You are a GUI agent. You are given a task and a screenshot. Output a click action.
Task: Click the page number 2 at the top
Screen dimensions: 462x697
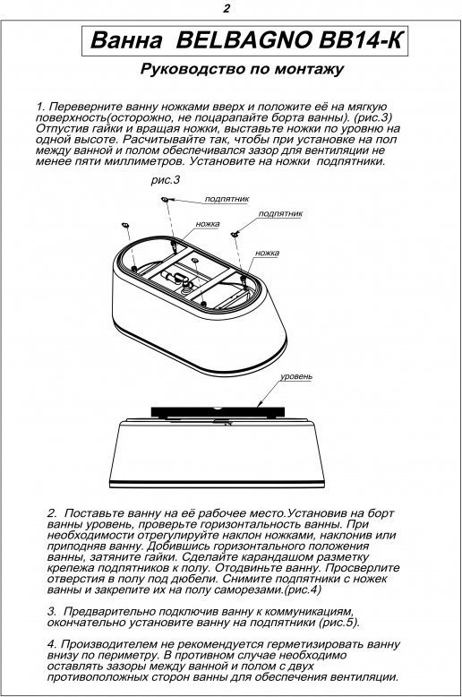click(227, 8)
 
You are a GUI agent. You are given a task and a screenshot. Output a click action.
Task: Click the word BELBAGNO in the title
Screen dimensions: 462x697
click(244, 40)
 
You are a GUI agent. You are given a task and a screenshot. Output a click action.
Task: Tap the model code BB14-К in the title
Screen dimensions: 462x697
click(360, 40)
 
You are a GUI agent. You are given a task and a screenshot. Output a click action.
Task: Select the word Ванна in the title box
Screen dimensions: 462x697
click(126, 41)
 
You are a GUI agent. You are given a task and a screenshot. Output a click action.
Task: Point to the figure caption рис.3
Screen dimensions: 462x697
click(166, 180)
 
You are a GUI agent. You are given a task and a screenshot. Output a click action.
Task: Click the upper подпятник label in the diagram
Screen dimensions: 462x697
click(227, 199)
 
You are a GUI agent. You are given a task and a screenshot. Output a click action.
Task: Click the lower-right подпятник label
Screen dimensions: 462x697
click(280, 213)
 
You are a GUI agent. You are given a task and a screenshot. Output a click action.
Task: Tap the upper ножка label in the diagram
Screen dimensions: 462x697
click(208, 224)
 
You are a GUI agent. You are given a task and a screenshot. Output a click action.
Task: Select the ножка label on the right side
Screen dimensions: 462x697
click(267, 253)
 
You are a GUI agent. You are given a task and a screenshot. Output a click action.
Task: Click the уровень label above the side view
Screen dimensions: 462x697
click(296, 377)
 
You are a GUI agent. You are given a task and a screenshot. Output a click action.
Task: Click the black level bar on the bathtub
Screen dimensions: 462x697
click(218, 412)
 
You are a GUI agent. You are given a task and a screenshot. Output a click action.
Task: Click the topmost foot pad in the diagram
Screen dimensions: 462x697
click(165, 199)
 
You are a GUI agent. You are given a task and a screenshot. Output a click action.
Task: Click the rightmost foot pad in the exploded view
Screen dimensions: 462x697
click(234, 232)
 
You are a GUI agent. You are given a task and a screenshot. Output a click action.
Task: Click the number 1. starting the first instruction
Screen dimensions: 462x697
click(40, 108)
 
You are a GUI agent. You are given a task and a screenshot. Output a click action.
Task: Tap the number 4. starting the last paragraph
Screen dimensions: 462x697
click(52, 644)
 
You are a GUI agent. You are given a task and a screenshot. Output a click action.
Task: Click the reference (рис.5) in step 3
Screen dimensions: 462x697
click(338, 623)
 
